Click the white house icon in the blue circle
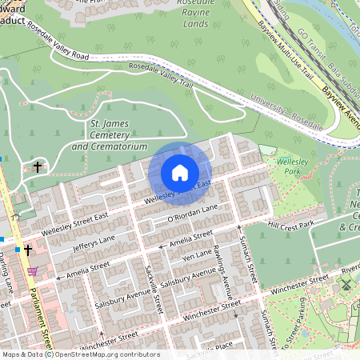pyautogui.click(x=180, y=173)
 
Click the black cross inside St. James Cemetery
pyautogui.click(x=38, y=167)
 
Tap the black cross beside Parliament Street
pyautogui.click(x=28, y=250)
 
